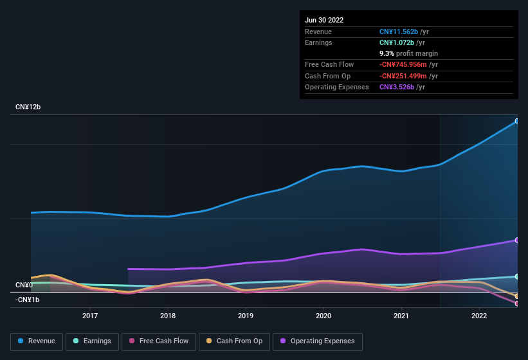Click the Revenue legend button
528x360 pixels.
point(37,341)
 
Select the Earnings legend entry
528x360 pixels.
point(92,341)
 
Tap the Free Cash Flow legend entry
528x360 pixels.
point(159,341)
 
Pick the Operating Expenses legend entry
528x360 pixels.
point(317,341)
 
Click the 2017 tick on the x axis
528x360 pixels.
point(90,316)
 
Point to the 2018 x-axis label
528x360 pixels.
point(168,316)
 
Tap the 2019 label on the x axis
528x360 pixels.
point(246,316)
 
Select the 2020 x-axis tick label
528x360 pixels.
point(323,316)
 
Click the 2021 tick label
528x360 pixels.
point(401,316)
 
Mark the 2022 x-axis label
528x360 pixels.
point(479,316)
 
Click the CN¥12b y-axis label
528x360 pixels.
point(28,107)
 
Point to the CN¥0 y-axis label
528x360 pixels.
point(24,285)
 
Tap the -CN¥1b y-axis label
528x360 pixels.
point(27,300)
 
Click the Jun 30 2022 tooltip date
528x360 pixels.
point(324,20)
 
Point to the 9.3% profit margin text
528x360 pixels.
point(408,53)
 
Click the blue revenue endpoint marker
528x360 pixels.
point(517,121)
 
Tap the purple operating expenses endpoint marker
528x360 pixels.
point(517,240)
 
